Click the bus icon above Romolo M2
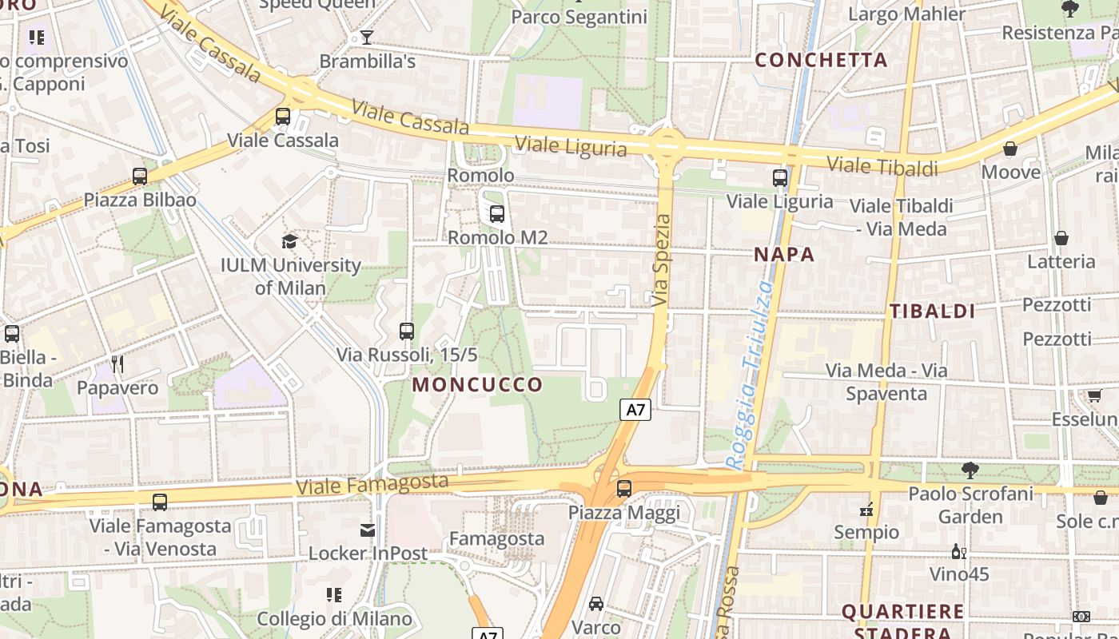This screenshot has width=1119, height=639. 496,213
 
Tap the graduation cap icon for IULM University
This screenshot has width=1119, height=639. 289,241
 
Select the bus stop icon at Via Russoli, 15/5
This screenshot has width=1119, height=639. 407,331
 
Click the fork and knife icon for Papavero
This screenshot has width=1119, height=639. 117,364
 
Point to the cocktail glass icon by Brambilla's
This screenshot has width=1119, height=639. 366,37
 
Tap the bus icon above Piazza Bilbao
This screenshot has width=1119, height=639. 140,176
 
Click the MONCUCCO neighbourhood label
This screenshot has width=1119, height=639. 477,384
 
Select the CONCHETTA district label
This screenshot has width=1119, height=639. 821,60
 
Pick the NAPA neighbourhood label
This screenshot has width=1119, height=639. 785,255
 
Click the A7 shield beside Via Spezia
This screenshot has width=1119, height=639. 635,410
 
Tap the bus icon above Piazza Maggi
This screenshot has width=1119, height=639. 624,488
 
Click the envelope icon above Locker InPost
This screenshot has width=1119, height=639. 367,530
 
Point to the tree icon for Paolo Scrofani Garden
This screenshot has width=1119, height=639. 970,470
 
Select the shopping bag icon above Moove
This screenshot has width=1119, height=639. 1010,149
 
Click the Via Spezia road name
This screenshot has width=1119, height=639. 661,260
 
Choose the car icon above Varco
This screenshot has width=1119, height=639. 596,604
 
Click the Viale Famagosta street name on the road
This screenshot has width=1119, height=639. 372,483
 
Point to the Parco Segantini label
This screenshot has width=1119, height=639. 579,17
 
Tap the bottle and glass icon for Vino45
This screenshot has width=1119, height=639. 958,551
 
